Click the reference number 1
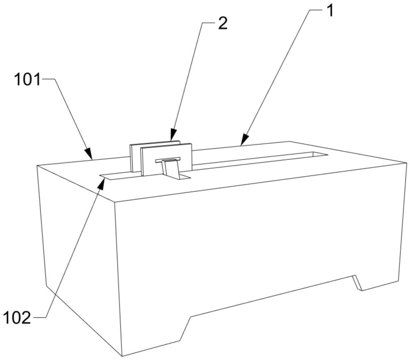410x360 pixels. pos(330,11)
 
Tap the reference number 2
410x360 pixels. pos(222,23)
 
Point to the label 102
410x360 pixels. pos(17,317)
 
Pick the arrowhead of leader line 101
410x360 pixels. pos(91,157)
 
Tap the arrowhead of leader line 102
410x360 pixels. pos(101,181)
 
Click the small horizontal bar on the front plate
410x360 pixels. pos(167,160)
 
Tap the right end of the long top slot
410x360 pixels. pos(324,154)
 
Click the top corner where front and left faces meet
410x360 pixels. pos(114,202)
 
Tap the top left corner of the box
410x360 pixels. pos(37,165)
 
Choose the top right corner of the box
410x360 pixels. pos(406,163)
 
